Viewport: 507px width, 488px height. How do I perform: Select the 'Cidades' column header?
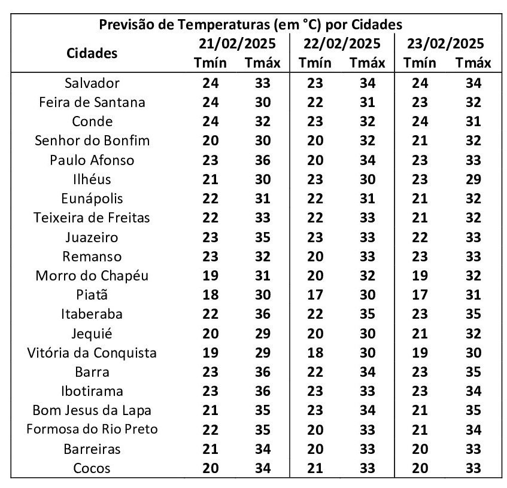(x=92, y=53)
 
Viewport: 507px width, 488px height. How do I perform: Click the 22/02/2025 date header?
(x=342, y=44)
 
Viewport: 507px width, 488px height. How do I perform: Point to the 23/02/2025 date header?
(x=445, y=44)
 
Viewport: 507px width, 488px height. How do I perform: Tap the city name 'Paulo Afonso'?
(x=92, y=160)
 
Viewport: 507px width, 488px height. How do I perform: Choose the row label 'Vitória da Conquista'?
(x=92, y=353)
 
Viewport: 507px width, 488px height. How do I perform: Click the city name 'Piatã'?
(x=92, y=295)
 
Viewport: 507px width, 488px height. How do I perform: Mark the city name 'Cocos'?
(x=92, y=468)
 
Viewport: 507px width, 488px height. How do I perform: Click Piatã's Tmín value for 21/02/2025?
(x=211, y=295)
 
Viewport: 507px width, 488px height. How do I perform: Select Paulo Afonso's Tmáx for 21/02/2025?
(x=262, y=160)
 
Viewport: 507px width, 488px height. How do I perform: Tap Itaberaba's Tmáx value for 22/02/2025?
(x=368, y=314)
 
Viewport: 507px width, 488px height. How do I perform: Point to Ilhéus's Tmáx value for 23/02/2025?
(x=473, y=179)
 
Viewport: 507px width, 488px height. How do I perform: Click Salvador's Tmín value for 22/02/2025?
(x=315, y=83)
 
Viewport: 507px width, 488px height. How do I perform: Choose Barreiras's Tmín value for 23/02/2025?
(x=420, y=449)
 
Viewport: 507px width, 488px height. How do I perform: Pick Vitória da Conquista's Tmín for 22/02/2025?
(x=315, y=353)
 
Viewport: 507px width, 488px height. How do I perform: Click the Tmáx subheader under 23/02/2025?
(x=473, y=63)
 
